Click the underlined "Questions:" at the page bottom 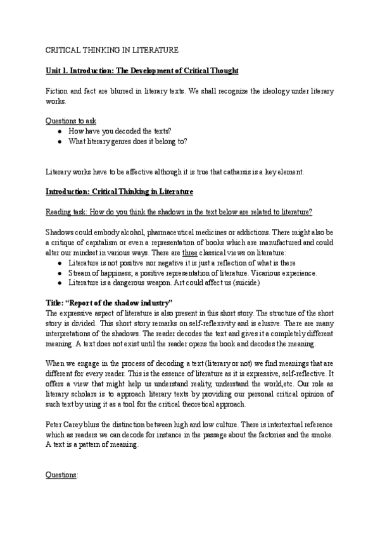(61, 475)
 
